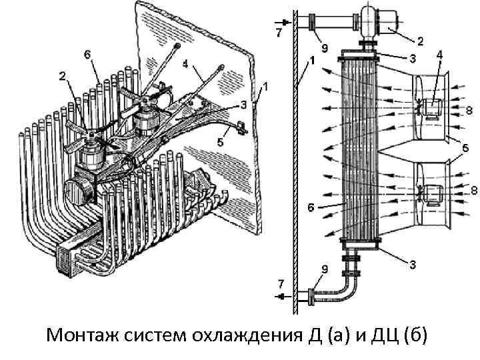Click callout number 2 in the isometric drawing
coord(61,77)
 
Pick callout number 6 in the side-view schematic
coord(310,207)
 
